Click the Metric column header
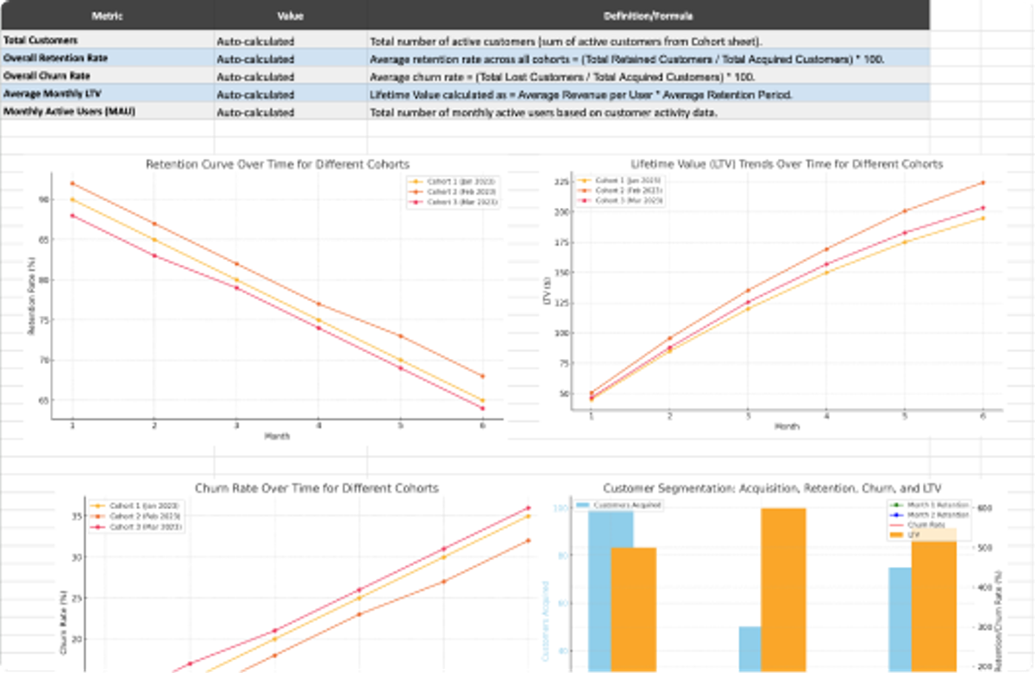click(108, 16)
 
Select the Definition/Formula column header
click(649, 16)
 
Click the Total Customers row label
click(41, 41)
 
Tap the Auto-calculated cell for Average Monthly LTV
click(255, 94)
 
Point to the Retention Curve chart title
click(277, 164)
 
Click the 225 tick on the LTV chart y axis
click(559, 183)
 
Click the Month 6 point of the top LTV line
click(982, 183)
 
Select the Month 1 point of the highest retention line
click(72, 183)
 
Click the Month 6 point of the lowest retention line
click(481, 408)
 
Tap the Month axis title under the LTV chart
click(787, 426)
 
